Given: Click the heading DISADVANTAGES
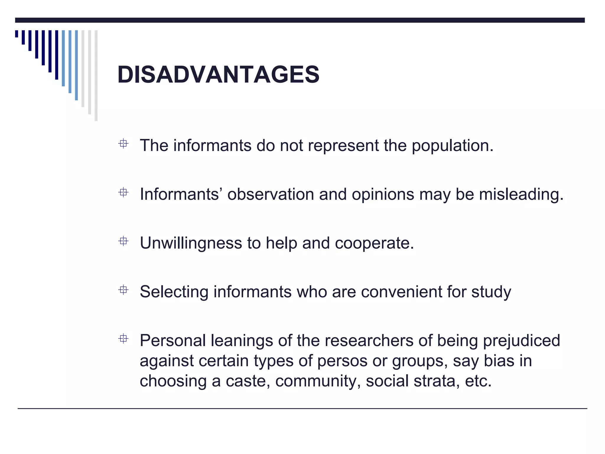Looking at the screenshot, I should (218, 74).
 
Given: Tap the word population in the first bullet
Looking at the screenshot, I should (452, 146).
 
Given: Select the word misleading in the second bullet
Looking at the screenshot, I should (521, 194).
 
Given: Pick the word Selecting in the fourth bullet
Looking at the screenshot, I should (174, 292).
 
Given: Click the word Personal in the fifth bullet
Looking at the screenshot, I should (173, 340).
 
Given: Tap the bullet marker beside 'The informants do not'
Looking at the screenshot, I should (123, 144).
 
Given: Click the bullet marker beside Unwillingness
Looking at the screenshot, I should (123, 241).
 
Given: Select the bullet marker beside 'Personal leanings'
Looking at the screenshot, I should (123, 339).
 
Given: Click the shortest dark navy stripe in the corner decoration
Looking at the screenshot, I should (17, 34).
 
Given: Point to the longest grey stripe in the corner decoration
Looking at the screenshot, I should (96, 75).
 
